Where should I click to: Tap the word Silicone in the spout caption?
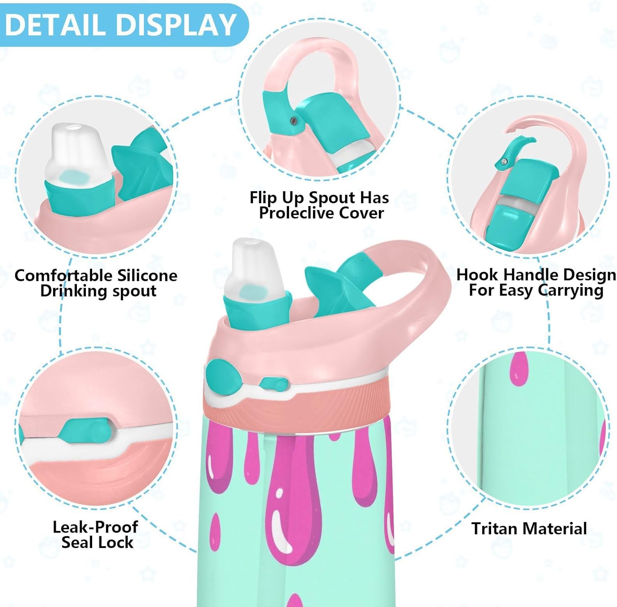pos(147,276)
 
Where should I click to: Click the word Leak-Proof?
pos(95,527)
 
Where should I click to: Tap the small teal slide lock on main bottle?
pos(274,385)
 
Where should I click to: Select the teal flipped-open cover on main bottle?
pos(341,284)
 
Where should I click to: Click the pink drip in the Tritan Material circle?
pos(518,368)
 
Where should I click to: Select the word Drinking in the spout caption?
pos(72,291)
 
